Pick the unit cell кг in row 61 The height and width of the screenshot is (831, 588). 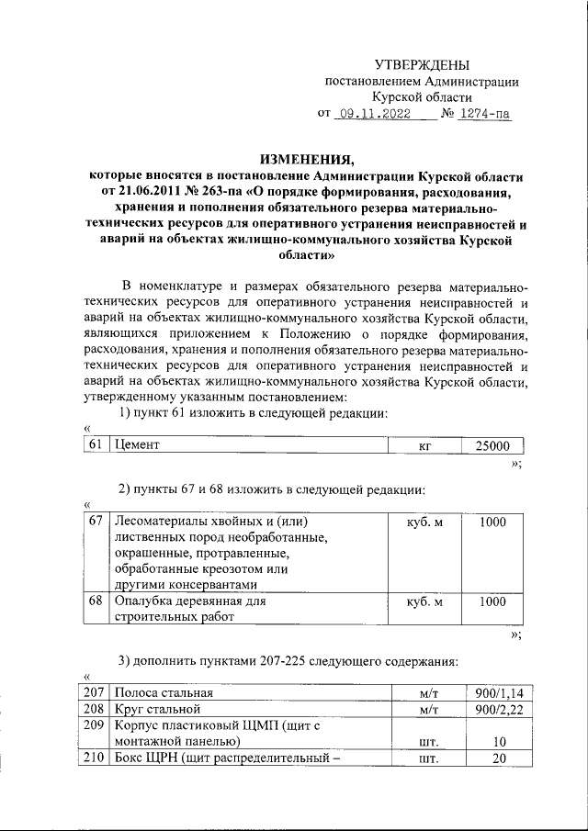pos(424,445)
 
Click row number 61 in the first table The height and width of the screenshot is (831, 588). pos(96,445)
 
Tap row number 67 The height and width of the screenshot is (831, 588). pos(96,522)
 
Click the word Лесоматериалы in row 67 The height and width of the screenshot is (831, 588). pos(162,522)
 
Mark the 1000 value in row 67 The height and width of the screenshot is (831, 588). pos(492,522)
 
